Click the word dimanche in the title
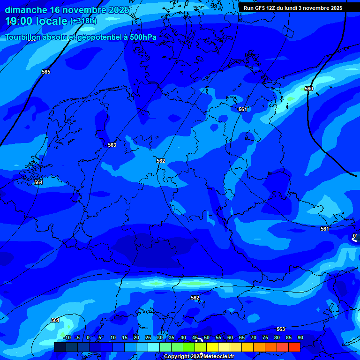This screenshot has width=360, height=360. pyautogui.click(x=26, y=10)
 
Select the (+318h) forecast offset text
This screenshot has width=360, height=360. pyautogui.click(x=83, y=21)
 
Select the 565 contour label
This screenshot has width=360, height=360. pyautogui.click(x=46, y=72)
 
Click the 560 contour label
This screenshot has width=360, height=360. pyautogui.click(x=309, y=89)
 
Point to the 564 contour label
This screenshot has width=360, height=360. pyautogui.click(x=38, y=182)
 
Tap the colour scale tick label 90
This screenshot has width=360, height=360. pyautogui.click(x=300, y=338)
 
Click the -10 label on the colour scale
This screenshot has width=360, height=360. pyautogui.click(x=67, y=338)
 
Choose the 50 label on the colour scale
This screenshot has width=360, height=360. pyautogui.click(x=206, y=338)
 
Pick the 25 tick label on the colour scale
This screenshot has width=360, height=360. pyautogui.click(x=148, y=338)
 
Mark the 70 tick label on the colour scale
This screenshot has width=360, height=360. pyautogui.click(x=254, y=338)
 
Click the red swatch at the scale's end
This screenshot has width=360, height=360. pyautogui.click(x=294, y=347)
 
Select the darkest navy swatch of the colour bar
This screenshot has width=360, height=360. pyautogui.click(x=60, y=347)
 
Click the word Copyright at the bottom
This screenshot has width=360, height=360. pyautogui.click(x=178, y=357)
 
